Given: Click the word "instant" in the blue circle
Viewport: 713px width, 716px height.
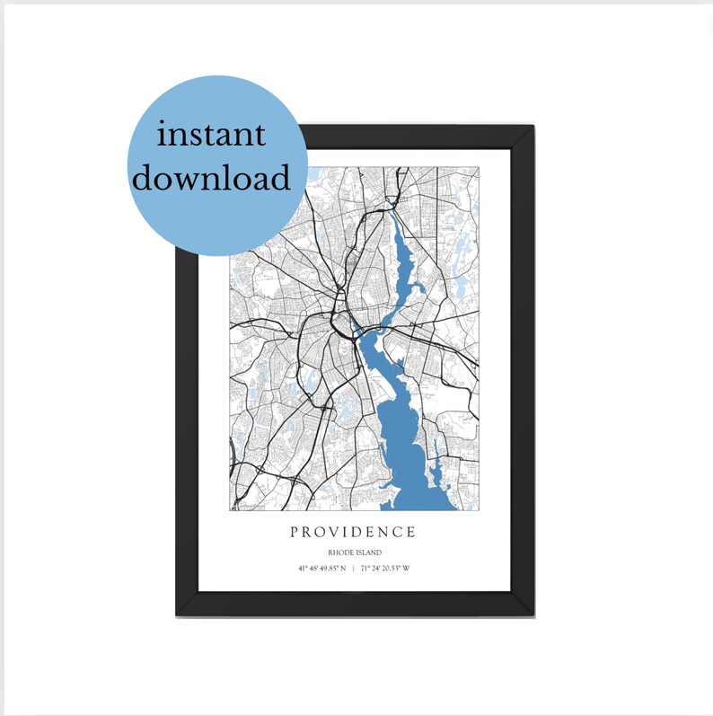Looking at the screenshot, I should click(x=212, y=136).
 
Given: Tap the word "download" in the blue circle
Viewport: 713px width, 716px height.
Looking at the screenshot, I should click(x=212, y=177).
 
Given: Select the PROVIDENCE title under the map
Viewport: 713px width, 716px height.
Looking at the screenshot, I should click(x=353, y=532).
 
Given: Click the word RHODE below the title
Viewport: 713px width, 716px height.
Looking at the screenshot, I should click(x=340, y=552).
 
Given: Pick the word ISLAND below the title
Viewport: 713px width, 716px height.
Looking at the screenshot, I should click(x=368, y=552).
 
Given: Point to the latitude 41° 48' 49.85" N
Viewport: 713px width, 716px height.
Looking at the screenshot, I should click(x=321, y=569).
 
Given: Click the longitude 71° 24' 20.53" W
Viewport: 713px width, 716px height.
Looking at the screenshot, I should click(x=384, y=569).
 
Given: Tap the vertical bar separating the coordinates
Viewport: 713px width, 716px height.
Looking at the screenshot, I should click(x=353, y=569).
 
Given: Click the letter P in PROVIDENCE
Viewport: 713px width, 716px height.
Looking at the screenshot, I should click(x=295, y=532).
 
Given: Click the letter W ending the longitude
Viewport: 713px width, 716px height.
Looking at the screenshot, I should click(x=405, y=569).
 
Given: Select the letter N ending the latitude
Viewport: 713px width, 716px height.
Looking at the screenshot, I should click(x=342, y=569).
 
